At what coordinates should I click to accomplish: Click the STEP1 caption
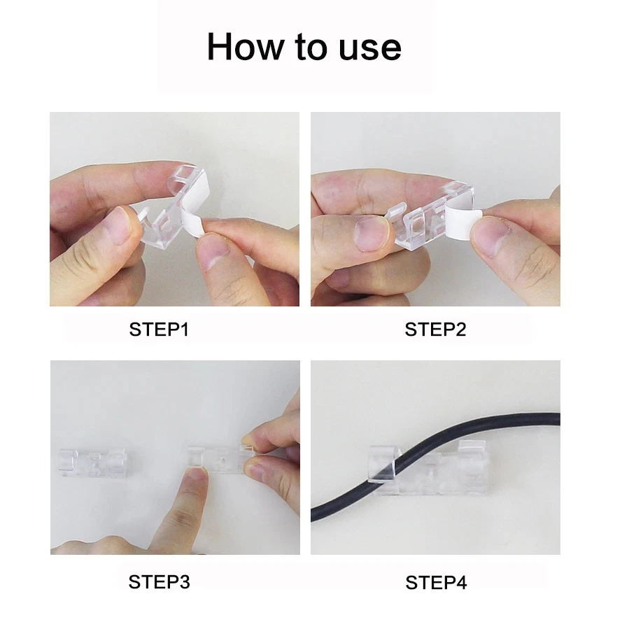tap(159, 330)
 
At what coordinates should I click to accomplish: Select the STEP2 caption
tap(435, 330)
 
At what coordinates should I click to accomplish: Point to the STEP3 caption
tap(159, 581)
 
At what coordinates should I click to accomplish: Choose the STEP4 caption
tap(436, 582)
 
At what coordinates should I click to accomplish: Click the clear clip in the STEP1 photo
tap(171, 210)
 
